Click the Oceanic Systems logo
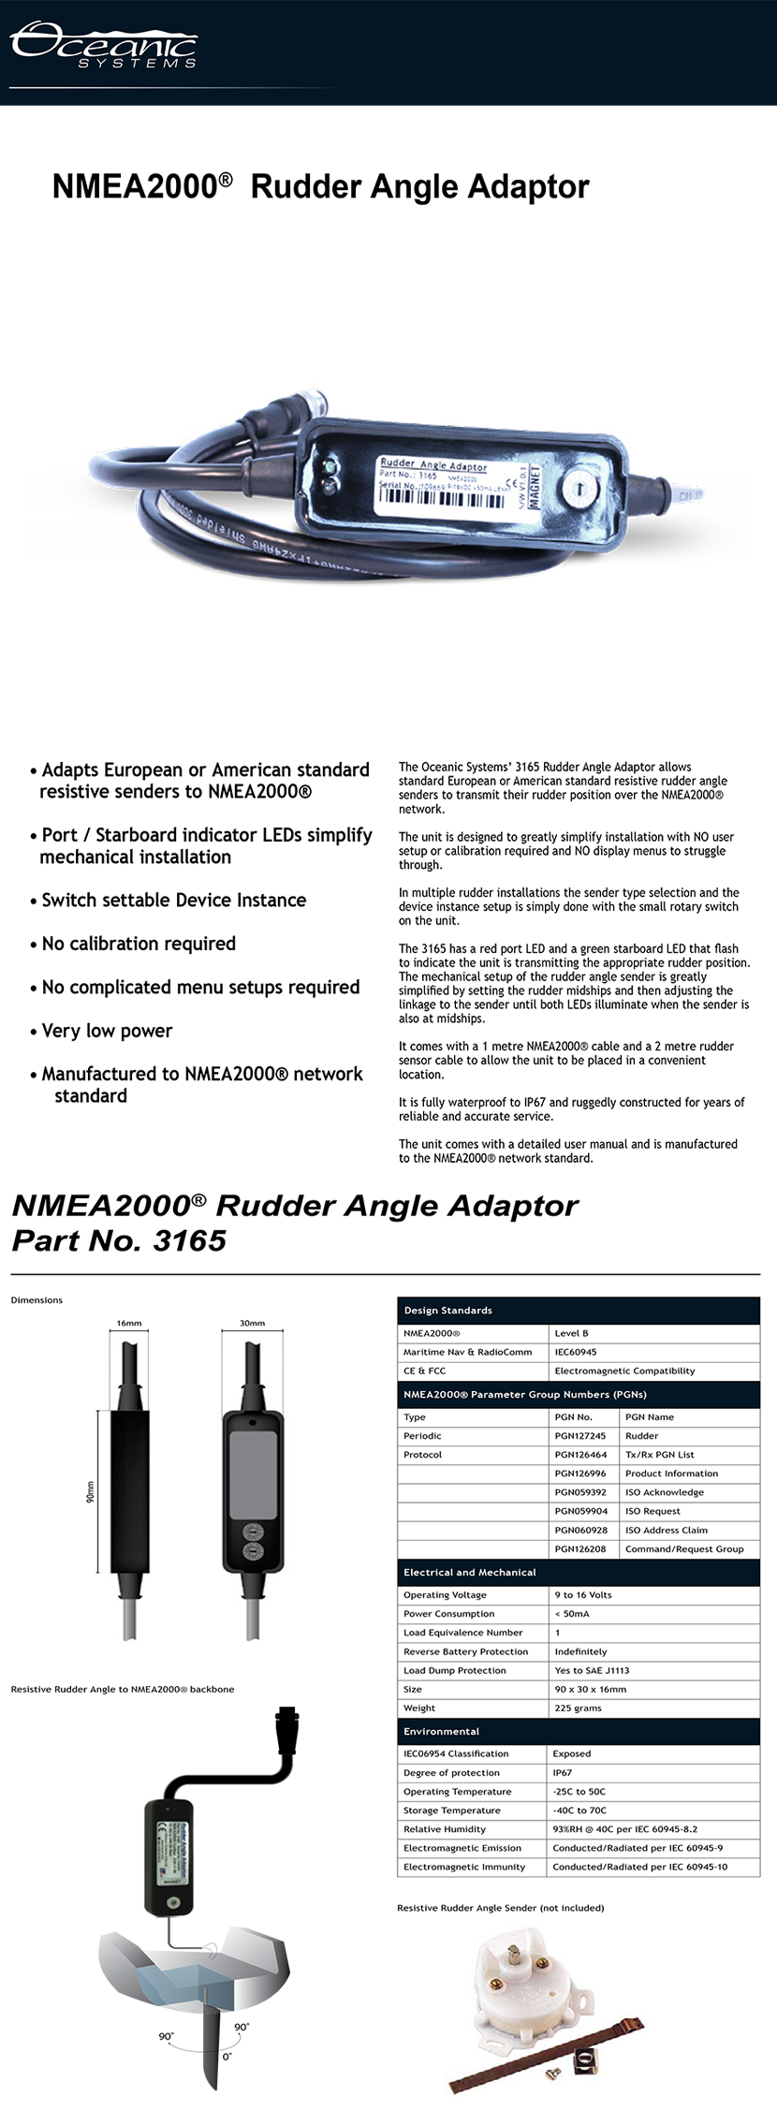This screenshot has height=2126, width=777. (103, 44)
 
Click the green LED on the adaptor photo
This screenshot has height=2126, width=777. (329, 465)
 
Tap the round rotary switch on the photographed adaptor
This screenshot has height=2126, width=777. (573, 489)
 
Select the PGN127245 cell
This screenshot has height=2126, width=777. (580, 1435)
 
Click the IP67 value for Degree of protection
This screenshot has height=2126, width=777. (563, 1772)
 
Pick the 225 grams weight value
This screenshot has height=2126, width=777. (578, 1708)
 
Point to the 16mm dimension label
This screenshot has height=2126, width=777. (129, 1323)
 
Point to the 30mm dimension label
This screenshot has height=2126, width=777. (252, 1323)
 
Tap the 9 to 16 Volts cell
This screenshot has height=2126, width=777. (583, 1594)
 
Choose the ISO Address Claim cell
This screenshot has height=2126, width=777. (667, 1530)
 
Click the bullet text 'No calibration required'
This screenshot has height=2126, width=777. (139, 944)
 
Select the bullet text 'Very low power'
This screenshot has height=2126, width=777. (107, 1031)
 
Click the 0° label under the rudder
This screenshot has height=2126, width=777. (227, 2057)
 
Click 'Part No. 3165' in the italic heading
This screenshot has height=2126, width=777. (119, 1240)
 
